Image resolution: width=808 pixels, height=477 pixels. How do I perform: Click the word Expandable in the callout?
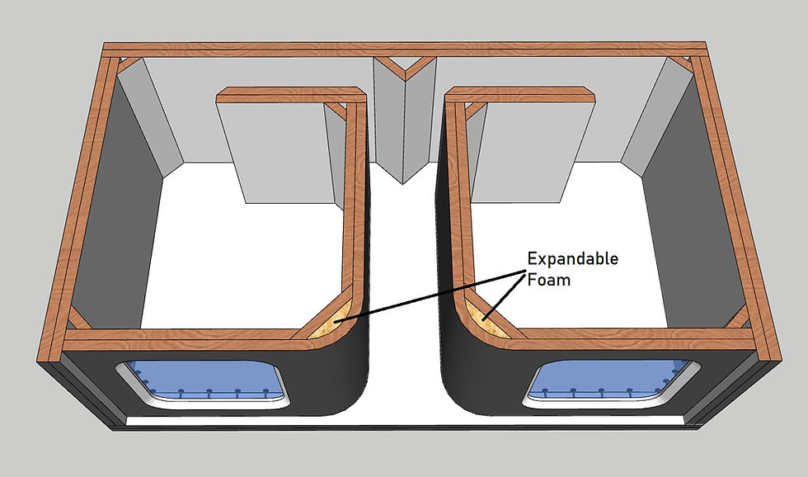pos(572,258)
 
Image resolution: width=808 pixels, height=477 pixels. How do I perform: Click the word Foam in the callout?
pos(548,280)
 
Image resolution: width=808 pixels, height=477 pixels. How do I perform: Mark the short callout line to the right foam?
pos(504,296)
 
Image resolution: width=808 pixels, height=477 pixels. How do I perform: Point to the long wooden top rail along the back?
pos(404,50)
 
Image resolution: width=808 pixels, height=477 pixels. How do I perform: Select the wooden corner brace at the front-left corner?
pos(78,319)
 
